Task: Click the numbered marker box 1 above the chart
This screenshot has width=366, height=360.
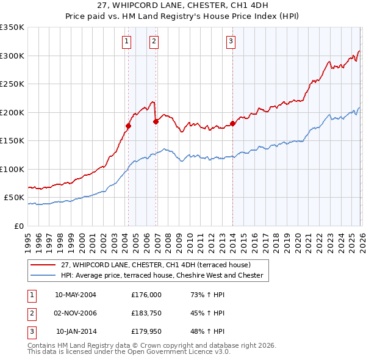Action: point(126,41)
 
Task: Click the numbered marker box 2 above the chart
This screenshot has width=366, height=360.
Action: point(154,41)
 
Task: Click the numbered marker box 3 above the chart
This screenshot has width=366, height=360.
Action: point(231,41)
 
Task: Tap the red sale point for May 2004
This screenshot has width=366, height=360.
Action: point(128,126)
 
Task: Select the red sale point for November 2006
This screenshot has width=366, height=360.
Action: point(156,121)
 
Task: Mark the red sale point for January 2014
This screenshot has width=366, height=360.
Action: point(233,124)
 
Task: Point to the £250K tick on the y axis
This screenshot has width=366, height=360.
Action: point(12,84)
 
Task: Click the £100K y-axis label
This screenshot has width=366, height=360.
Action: point(12,169)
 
